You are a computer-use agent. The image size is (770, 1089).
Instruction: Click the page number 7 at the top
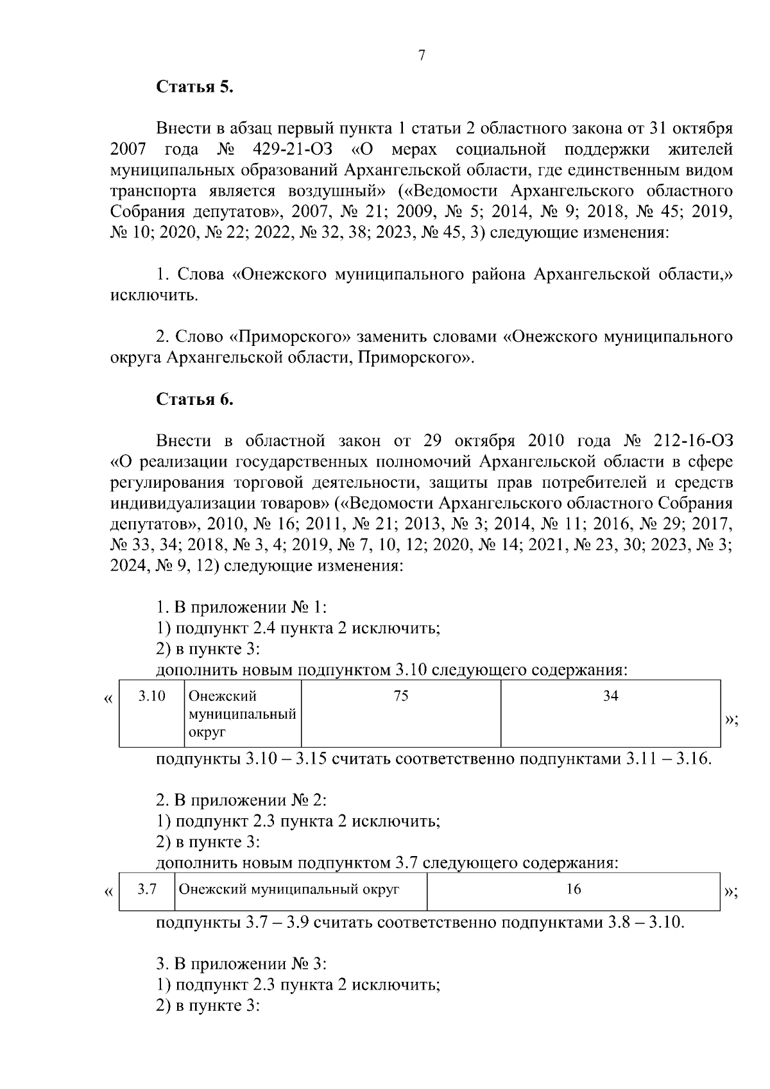pyautogui.click(x=422, y=56)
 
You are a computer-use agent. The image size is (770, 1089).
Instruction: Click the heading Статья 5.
pyautogui.click(x=195, y=87)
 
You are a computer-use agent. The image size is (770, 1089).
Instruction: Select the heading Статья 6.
pyautogui.click(x=195, y=399)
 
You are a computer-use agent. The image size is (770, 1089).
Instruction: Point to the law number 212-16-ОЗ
pyautogui.click(x=692, y=441)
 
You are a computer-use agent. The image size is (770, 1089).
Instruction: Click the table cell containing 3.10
pyautogui.click(x=152, y=696)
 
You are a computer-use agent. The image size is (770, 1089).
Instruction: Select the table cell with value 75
pyautogui.click(x=401, y=696)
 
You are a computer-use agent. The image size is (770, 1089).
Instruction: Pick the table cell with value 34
pyautogui.click(x=610, y=696)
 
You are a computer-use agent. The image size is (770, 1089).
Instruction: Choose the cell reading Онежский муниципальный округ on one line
pyautogui.click(x=289, y=889)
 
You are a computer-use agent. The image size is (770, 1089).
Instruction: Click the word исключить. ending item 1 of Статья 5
pyautogui.click(x=154, y=296)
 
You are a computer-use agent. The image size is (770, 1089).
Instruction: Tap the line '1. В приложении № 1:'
pyautogui.click(x=242, y=607)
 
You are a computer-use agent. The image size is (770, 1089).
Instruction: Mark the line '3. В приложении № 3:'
pyautogui.click(x=242, y=964)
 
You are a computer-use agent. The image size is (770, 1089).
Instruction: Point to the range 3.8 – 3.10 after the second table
pyautogui.click(x=646, y=923)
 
